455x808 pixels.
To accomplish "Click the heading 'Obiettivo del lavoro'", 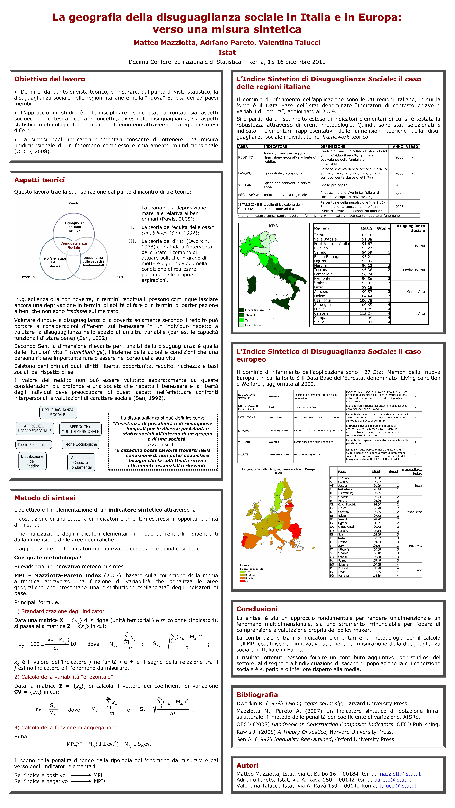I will [x=50, y=79].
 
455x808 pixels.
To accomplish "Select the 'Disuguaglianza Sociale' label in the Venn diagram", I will [x=74, y=245].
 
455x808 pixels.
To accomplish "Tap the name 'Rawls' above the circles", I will [x=74, y=203].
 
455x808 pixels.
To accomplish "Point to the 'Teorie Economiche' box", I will [x=34, y=444].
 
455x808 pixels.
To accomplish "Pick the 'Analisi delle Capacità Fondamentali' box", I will [x=81, y=462].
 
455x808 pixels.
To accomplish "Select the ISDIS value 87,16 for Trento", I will [x=367, y=235].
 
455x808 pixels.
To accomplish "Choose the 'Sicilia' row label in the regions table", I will [x=319, y=322].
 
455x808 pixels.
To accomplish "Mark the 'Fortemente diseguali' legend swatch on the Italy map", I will [x=241, y=310].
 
